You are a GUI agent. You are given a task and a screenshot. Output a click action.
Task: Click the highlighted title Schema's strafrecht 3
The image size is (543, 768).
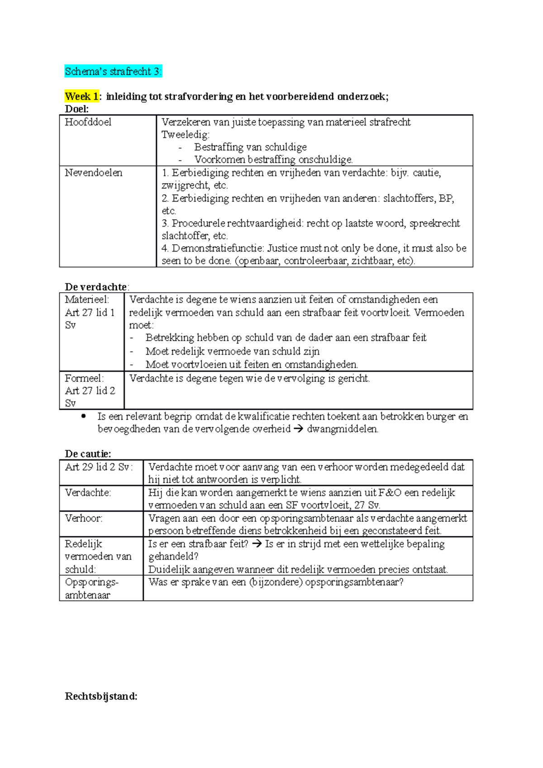[113, 71]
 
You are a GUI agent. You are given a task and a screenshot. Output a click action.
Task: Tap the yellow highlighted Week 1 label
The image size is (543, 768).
[81, 96]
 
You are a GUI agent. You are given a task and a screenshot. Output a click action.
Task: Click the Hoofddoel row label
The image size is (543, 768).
[88, 122]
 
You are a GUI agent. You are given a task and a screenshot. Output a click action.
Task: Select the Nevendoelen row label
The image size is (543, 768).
[93, 173]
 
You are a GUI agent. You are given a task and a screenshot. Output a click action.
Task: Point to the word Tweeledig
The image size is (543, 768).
[185, 135]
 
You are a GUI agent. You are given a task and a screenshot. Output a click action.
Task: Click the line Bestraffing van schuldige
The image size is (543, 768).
[250, 147]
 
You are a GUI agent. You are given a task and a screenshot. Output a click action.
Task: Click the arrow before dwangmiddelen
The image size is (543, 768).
[298, 429]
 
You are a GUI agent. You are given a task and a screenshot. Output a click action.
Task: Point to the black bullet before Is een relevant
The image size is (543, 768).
[83, 417]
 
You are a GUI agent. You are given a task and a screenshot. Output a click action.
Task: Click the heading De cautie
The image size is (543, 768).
[88, 454]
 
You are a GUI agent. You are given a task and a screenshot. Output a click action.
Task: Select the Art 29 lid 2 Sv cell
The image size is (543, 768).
[99, 467]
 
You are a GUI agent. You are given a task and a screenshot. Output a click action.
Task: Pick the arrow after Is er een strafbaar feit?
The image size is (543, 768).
[257, 544]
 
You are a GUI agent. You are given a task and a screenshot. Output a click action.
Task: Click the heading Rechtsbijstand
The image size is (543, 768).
[101, 696]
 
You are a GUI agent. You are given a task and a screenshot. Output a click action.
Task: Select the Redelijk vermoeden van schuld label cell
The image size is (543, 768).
[98, 556]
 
